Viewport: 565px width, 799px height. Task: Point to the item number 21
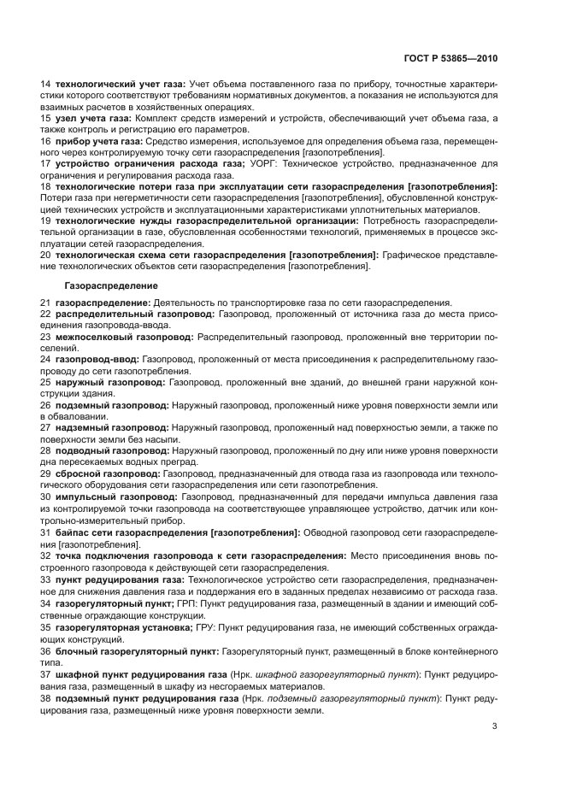(46, 303)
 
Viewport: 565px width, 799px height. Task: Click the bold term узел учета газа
(93, 117)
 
